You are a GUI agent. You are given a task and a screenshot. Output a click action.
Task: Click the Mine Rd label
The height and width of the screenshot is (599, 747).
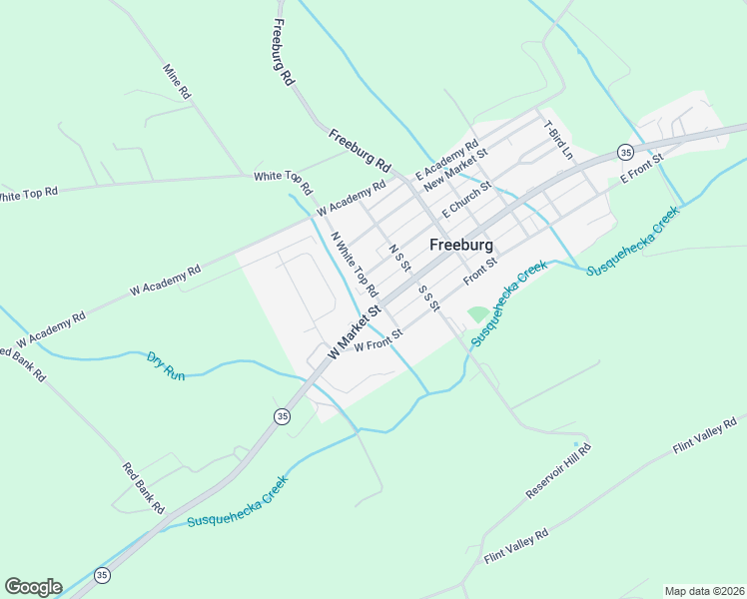pos(177,81)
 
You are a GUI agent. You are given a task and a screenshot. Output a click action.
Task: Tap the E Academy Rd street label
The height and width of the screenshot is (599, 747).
pos(446,156)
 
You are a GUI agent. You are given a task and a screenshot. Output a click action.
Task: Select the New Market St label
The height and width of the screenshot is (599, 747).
pos(454,169)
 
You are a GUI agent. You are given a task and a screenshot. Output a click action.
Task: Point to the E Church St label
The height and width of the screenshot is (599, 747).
pos(466,199)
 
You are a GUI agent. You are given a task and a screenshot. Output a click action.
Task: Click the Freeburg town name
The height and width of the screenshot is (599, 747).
pos(463,245)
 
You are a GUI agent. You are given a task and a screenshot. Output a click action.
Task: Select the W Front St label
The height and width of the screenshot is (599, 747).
pos(376,339)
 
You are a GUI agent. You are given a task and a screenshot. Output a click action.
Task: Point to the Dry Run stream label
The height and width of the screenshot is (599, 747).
pos(166,364)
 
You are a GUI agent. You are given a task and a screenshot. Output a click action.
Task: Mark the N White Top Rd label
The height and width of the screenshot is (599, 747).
pos(354,265)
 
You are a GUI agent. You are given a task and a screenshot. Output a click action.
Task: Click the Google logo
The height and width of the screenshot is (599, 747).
pos(33,587)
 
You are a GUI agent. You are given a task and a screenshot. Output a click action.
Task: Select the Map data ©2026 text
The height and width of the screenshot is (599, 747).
pos(704,591)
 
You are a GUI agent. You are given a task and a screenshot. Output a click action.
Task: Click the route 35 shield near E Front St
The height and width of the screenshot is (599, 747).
pos(625,152)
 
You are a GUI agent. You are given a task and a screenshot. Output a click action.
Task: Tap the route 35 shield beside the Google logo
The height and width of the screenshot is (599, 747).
pos(102,575)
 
